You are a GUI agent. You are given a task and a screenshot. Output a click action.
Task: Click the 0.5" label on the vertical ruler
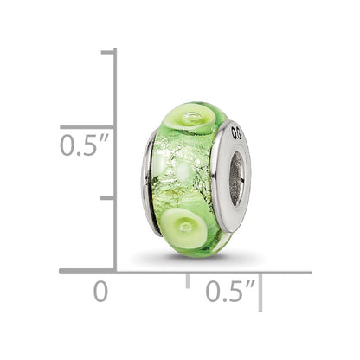84,145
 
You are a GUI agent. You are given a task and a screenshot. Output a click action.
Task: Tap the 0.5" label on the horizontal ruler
230,291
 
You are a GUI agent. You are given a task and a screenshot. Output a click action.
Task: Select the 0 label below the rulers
101,292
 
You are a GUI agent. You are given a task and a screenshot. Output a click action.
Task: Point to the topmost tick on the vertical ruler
107,52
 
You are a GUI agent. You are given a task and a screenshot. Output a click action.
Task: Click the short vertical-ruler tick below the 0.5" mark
107,198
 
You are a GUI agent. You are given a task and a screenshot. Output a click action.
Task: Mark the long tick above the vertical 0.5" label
87,127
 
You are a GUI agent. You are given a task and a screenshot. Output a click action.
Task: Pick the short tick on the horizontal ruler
188,280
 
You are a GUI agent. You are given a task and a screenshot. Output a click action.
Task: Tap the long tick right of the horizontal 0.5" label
260,292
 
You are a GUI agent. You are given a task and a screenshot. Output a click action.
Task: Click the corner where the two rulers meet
115,272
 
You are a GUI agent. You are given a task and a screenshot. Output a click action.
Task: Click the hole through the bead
236,179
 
